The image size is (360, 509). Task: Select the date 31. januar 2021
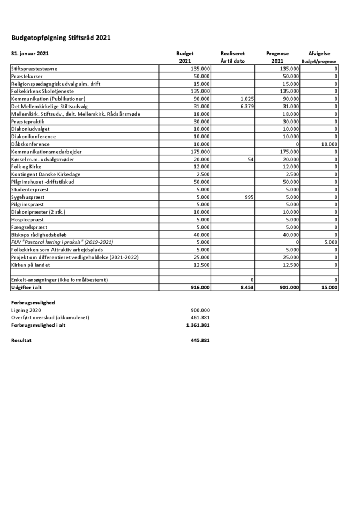(x=30, y=54)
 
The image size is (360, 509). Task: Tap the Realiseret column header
(x=232, y=54)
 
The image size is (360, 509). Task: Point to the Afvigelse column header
(x=319, y=54)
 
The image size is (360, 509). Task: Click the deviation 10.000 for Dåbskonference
(x=329, y=144)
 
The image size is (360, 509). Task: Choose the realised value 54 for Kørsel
(x=250, y=159)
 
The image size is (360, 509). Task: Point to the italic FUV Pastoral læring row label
(x=62, y=242)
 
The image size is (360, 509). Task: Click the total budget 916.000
(x=199, y=288)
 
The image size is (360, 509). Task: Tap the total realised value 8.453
(x=245, y=288)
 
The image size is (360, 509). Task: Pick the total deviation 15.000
(x=328, y=288)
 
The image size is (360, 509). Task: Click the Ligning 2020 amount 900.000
(x=200, y=310)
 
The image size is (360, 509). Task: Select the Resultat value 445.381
(x=200, y=340)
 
